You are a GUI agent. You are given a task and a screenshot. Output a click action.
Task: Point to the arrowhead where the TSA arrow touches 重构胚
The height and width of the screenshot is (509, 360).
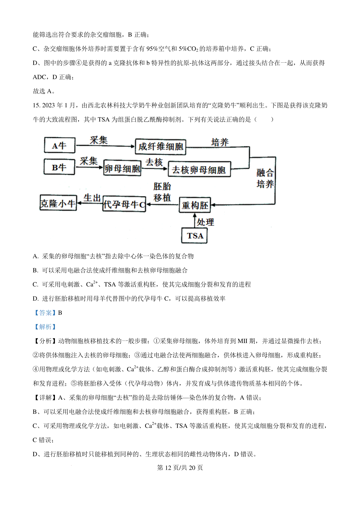195,213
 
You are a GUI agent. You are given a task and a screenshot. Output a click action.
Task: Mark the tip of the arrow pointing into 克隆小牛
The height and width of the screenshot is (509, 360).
77,203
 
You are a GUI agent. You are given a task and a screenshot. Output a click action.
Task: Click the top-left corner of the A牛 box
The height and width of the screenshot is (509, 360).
44,138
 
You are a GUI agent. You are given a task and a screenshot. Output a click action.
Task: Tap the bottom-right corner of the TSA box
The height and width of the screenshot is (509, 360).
207,243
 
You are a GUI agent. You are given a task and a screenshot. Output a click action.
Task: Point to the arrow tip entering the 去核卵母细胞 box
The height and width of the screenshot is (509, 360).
168,168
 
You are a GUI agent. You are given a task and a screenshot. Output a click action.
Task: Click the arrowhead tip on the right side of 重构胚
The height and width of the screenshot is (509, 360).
211,205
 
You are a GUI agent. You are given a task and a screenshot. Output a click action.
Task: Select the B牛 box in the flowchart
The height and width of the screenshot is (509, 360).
59,167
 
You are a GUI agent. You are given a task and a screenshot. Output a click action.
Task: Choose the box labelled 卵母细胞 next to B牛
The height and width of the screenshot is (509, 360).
122,168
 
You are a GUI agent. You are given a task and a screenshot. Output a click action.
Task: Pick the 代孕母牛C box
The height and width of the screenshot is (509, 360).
124,204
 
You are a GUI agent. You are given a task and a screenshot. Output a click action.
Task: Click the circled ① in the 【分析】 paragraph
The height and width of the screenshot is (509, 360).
157,341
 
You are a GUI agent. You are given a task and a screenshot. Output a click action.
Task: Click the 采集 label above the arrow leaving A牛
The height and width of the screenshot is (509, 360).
99,140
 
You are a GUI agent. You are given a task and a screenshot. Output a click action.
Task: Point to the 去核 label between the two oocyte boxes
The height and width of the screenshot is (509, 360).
154,162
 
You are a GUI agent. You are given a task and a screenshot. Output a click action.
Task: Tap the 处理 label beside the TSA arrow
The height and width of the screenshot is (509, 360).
205,222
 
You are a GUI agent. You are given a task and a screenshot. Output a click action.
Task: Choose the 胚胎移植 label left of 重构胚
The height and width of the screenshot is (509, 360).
162,192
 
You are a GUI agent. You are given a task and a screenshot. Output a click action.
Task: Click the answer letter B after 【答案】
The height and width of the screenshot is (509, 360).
60,313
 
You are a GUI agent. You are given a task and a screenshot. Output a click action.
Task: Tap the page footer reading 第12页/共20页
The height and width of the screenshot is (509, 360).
180,468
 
